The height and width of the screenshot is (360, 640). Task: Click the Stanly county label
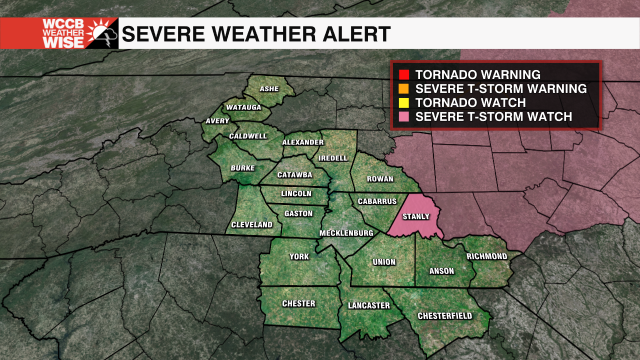416,216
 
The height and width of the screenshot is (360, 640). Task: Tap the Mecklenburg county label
346,233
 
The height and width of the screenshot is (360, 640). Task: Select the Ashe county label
269,89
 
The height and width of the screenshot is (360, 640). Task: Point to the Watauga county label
243,107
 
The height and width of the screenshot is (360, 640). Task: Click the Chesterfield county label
445,316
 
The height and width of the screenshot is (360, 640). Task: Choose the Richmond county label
486,256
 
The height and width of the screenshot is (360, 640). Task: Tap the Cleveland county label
252,225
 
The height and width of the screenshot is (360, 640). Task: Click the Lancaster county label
368,305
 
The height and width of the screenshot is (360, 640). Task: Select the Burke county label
242,168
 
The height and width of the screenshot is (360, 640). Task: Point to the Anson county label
442,271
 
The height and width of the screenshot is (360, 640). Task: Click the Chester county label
298,303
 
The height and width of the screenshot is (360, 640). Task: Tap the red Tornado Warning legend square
404,75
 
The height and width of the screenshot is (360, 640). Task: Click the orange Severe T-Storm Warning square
404,89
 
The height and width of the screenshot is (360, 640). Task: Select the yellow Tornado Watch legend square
404,103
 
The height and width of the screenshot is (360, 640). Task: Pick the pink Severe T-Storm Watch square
404,117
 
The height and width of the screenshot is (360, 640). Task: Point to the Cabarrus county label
377,201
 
